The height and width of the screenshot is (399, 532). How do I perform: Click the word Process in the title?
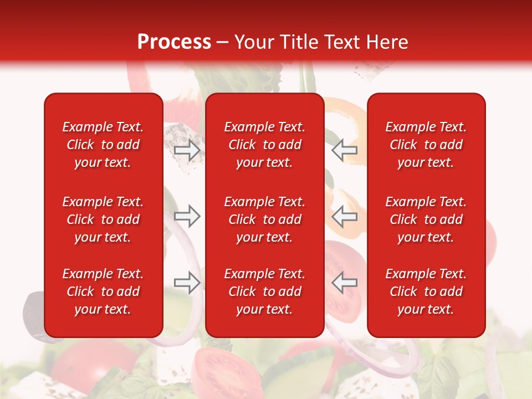174,42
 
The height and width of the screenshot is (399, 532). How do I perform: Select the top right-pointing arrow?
187,150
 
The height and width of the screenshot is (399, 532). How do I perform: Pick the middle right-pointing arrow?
187,216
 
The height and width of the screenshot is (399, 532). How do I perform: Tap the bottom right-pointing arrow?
187,283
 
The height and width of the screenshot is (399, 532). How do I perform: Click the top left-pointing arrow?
345,150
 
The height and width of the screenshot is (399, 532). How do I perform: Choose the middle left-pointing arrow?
345,216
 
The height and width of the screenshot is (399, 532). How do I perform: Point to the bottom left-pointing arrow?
345,283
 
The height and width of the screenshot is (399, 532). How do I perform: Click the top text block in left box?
103,145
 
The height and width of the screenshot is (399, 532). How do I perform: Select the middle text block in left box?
103,219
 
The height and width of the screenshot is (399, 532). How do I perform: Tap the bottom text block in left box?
103,291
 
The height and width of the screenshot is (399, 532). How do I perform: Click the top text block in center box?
265,145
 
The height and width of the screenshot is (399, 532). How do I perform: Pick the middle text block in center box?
265,219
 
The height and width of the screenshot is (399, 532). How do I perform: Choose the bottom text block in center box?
265,291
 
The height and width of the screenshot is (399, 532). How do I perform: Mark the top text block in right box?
426,145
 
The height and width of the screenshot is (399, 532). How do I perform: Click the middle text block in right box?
426,219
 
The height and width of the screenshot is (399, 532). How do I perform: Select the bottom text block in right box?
426,291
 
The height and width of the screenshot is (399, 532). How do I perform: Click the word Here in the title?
387,42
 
